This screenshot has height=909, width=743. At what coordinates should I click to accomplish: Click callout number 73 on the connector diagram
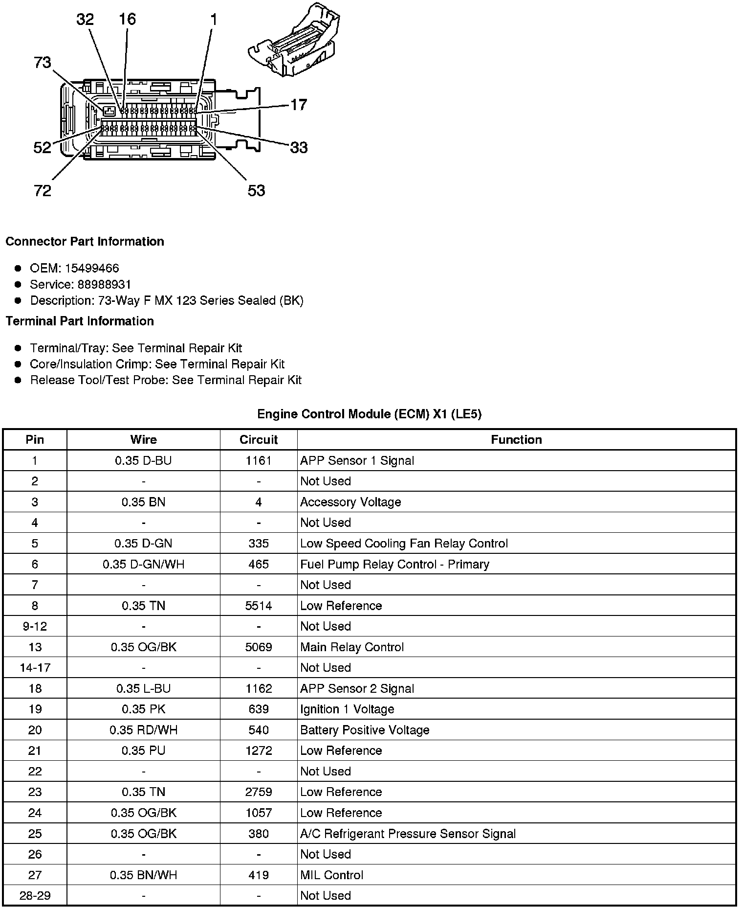[x=43, y=63]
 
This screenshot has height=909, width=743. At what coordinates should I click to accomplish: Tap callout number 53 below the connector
[x=256, y=190]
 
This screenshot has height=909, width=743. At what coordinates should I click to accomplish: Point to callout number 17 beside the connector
[x=298, y=104]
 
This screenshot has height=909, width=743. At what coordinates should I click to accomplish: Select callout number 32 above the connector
[x=85, y=19]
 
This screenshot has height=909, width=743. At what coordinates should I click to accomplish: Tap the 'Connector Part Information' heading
[x=85, y=242]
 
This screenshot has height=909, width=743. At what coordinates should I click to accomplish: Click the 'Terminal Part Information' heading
[x=80, y=321]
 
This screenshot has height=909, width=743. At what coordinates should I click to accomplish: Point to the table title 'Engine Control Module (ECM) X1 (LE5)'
[x=369, y=414]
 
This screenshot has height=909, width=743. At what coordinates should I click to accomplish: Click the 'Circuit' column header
[x=259, y=440]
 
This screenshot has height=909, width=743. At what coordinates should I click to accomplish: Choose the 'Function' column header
[x=516, y=440]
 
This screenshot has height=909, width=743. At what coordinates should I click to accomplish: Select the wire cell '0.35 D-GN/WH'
[x=143, y=564]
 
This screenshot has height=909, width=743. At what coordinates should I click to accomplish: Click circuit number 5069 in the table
[x=259, y=647]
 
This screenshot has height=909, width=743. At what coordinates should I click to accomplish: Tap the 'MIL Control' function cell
[x=332, y=875]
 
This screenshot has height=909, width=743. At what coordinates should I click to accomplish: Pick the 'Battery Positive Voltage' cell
[x=365, y=730]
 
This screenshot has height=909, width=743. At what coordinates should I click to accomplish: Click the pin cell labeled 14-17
[x=35, y=668]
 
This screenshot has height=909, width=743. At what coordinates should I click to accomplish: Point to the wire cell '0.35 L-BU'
[x=143, y=689]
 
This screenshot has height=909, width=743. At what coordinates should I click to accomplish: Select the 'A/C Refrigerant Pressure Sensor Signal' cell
[x=408, y=834]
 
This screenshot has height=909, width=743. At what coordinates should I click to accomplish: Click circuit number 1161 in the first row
[x=259, y=460]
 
